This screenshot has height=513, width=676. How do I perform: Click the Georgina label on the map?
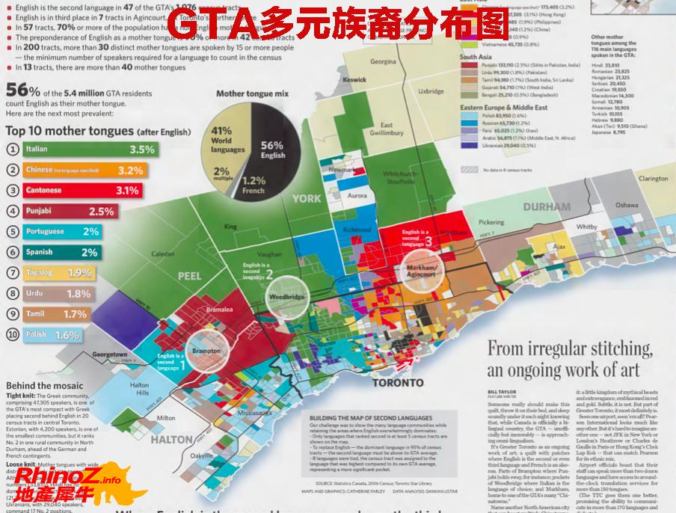(383, 61)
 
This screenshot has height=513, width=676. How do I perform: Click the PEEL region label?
(190, 276)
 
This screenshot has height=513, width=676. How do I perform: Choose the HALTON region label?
(171, 440)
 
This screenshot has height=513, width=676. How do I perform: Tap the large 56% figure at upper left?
(22, 90)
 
